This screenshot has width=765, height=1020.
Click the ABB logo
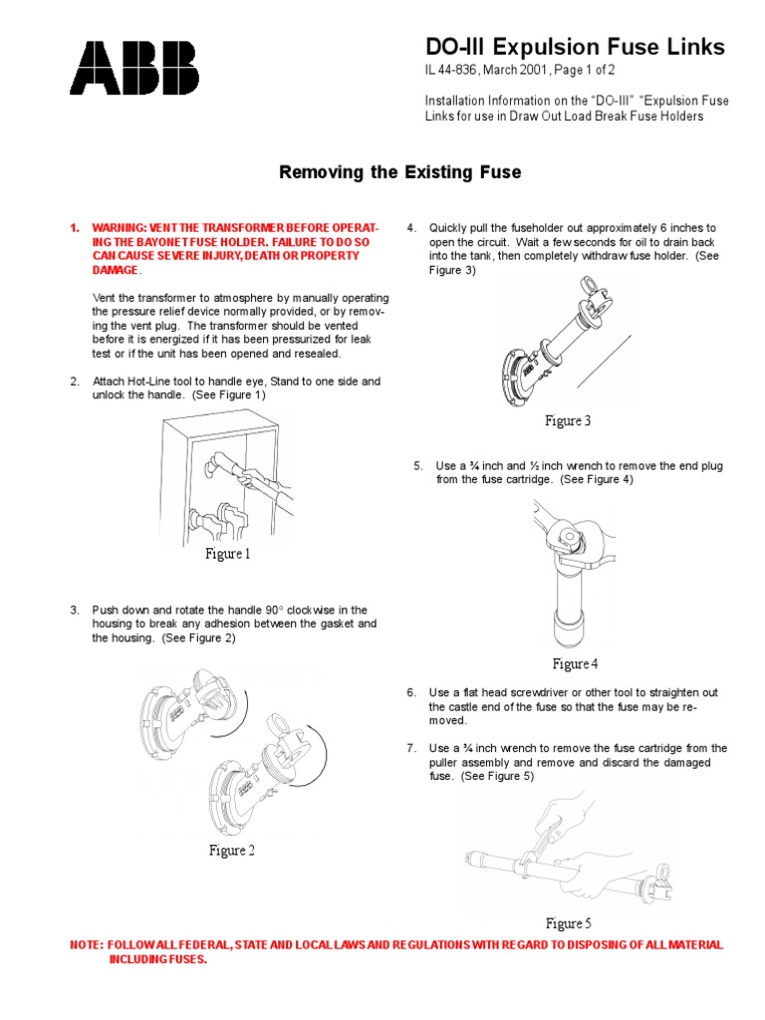coord(133,68)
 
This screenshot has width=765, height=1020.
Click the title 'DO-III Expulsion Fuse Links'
coord(575,47)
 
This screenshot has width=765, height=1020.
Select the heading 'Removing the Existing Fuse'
coord(398,172)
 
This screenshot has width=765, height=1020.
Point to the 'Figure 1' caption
coord(228,554)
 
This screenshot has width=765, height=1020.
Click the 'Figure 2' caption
coord(231,850)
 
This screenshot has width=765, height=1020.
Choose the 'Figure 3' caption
coord(568,421)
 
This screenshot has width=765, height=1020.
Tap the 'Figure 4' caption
coord(576,664)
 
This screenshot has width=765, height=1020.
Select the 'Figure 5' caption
coord(568,923)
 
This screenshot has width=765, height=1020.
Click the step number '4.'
coord(411,228)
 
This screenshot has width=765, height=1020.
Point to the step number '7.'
coord(411,748)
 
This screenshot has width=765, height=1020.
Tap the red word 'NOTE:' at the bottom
coord(86,944)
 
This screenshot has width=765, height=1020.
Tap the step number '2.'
coord(75,382)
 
